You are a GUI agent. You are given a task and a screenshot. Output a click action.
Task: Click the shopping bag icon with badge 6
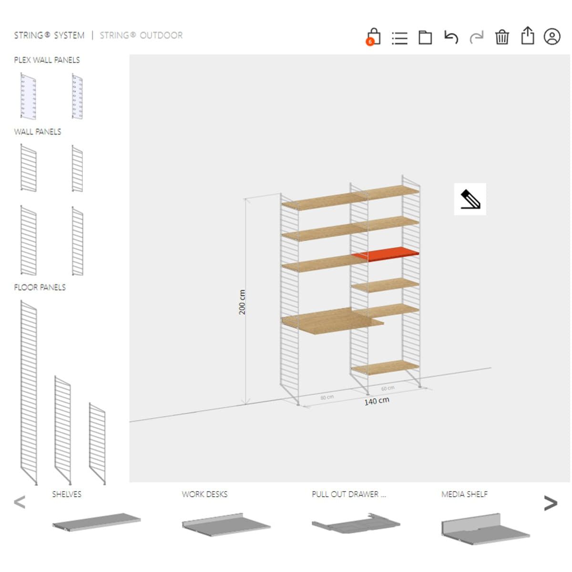tap(373, 37)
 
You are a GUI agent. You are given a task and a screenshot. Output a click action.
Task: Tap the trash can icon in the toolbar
tap(501, 37)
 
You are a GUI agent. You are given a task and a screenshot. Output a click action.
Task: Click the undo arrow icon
tap(451, 37)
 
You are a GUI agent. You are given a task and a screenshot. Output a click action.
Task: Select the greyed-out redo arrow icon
tap(476, 37)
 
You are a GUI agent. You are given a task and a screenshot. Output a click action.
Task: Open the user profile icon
tap(552, 37)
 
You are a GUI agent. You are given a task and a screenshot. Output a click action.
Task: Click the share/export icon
tap(528, 36)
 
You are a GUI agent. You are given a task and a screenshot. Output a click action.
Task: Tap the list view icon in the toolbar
tap(399, 38)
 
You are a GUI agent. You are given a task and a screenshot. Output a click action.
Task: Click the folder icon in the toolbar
tap(425, 37)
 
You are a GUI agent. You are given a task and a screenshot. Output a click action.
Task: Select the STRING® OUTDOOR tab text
tap(141, 35)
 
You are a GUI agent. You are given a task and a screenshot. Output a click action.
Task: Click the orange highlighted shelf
tap(385, 254)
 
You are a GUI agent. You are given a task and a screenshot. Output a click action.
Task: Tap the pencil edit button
tap(470, 199)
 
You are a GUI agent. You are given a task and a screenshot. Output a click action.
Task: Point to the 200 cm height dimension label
tap(242, 302)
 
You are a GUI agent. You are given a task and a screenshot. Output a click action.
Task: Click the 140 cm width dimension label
tap(377, 401)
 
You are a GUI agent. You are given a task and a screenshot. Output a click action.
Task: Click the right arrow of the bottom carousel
tap(551, 503)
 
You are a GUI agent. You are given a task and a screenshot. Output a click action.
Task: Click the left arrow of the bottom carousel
tap(20, 502)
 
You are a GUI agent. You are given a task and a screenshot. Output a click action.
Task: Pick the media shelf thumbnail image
tap(485, 529)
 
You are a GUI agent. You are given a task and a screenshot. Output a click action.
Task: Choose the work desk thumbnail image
tap(226, 524)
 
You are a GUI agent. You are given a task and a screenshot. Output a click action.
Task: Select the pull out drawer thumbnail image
tap(356, 523)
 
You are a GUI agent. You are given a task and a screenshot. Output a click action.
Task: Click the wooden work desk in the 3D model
tap(332, 321)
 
